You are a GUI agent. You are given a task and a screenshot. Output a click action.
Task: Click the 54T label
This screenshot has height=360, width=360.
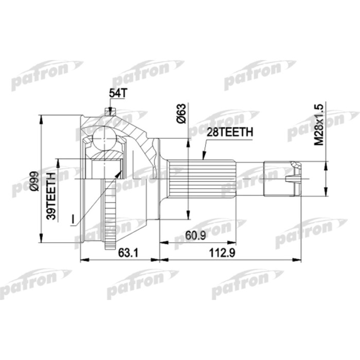click(x=117, y=93)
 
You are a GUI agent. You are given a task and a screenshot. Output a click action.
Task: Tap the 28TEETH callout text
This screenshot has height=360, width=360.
click(x=229, y=132)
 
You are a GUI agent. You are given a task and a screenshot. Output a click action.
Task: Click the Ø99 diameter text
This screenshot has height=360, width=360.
click(x=33, y=182)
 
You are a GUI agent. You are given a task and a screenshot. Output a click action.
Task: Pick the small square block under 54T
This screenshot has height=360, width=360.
click(x=108, y=111)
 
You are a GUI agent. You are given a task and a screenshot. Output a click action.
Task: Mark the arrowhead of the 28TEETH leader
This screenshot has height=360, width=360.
click(x=203, y=157)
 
